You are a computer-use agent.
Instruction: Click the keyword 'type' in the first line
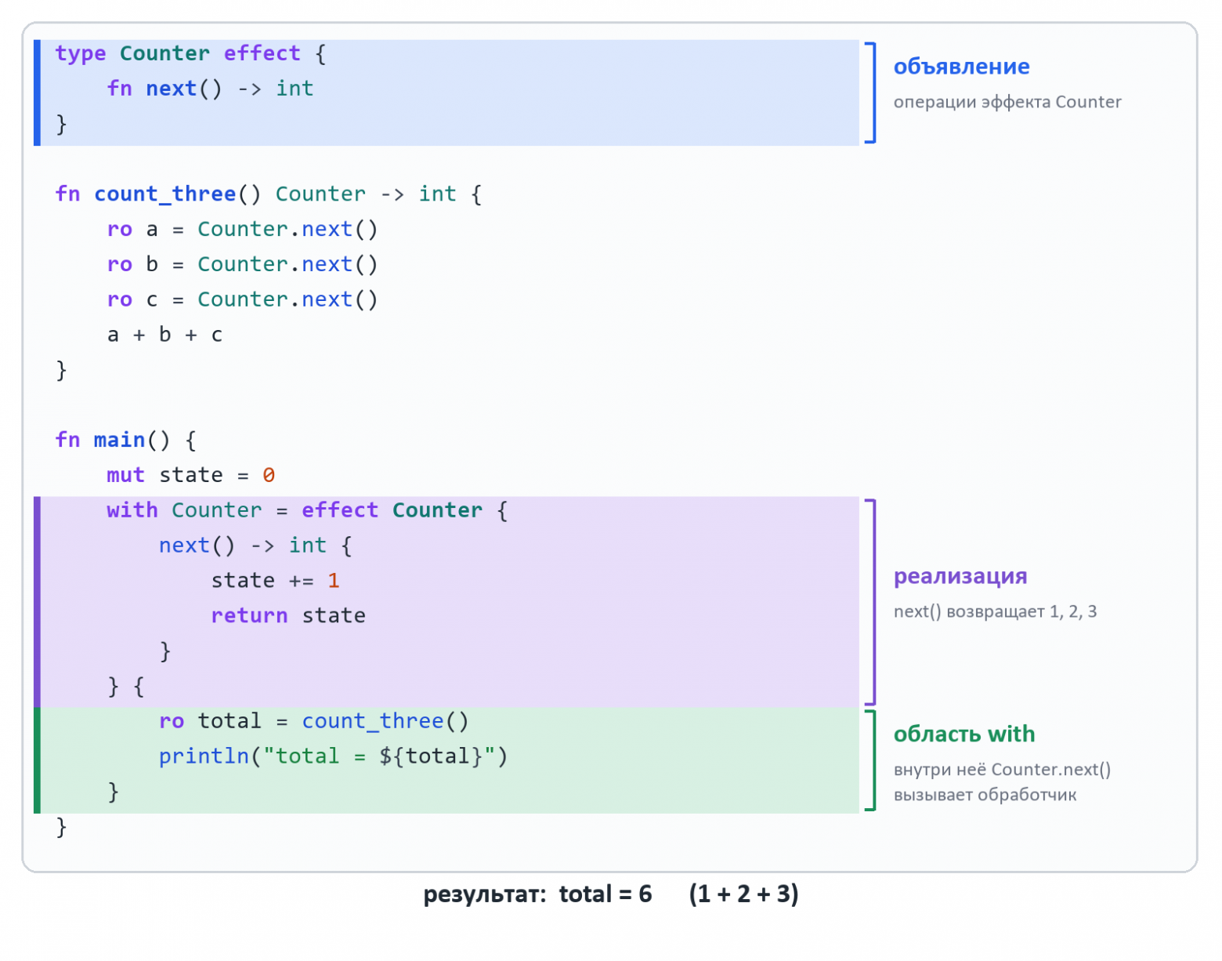pos(81,55)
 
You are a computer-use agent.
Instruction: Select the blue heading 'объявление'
pos(962,67)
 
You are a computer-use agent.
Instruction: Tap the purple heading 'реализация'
pos(960,577)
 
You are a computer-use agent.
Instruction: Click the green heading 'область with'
pos(964,734)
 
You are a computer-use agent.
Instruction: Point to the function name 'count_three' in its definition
pos(164,194)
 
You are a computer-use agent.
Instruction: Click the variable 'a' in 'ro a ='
pos(152,230)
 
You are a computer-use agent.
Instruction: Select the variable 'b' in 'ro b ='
pos(152,264)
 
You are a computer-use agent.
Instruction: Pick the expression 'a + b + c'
pos(164,335)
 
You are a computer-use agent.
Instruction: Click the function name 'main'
pos(119,441)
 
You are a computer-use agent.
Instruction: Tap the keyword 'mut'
pos(126,476)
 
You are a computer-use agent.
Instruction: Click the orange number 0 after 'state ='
pos(269,476)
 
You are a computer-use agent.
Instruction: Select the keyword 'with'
pos(132,510)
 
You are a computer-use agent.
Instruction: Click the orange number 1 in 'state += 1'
pos(334,581)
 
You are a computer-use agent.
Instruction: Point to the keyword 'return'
pos(249,616)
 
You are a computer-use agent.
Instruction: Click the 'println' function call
pos(204,756)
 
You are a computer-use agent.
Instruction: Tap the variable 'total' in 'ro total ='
pos(230,721)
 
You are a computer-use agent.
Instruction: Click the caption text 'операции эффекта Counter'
pos(1007,103)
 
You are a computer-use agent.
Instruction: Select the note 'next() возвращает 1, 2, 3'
pos(996,611)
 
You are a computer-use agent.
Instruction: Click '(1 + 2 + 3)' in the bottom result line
pos(744,894)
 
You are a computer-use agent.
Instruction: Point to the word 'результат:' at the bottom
pos(485,894)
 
